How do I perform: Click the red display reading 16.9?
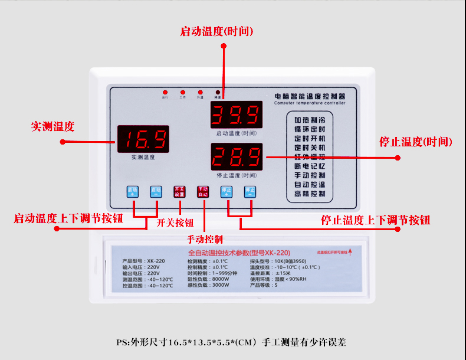[x=143, y=139]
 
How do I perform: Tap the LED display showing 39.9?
[x=236, y=114]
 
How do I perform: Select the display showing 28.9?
[x=236, y=157]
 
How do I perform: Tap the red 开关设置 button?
[x=179, y=192]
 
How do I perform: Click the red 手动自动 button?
[x=203, y=192]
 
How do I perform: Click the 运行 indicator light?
[x=165, y=93]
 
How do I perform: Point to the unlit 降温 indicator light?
[x=218, y=93]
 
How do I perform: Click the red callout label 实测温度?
[x=53, y=126]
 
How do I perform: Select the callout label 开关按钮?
[x=175, y=222]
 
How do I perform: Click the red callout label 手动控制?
[x=205, y=239]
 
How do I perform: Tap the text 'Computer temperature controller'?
[x=310, y=103]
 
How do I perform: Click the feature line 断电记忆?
[x=310, y=166]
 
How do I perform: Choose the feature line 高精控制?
[x=310, y=194]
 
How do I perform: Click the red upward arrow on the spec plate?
[x=350, y=252]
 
